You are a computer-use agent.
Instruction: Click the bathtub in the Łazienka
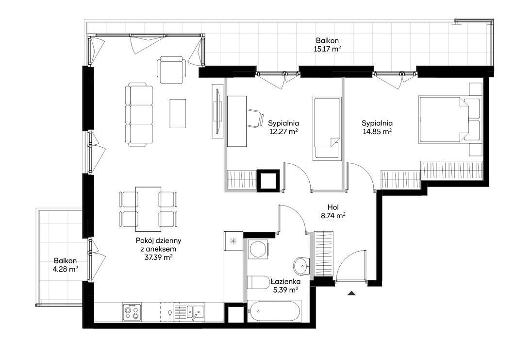click(x=274, y=311)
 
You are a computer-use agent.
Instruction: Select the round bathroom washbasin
click(x=301, y=265)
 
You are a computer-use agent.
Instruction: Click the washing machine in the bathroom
click(x=258, y=250)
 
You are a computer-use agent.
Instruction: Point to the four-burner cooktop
click(x=132, y=312)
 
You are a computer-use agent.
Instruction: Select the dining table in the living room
click(x=149, y=209)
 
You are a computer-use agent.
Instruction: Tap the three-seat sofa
click(x=139, y=115)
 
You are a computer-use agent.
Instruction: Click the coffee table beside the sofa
click(x=178, y=113)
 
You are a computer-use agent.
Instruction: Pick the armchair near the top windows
click(x=171, y=69)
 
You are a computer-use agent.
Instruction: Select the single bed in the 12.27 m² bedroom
click(x=327, y=129)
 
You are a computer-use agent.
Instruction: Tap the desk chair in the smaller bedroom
click(x=255, y=118)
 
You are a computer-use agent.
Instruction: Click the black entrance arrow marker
click(x=351, y=293)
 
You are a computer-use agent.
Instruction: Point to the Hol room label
click(x=333, y=207)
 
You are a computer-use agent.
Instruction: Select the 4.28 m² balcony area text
click(x=66, y=269)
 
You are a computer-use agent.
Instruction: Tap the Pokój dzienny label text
click(x=159, y=240)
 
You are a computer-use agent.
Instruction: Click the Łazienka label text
click(x=285, y=281)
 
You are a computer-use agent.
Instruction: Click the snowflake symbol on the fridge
click(x=233, y=241)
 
